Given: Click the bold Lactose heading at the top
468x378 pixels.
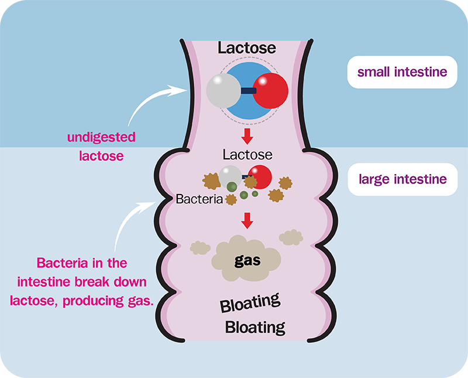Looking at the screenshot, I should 246,47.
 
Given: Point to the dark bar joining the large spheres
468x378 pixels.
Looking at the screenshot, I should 247,91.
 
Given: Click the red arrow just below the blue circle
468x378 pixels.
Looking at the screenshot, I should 247,136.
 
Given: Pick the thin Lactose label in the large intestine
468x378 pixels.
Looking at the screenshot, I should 247,155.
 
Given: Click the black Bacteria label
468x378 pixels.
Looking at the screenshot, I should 199,199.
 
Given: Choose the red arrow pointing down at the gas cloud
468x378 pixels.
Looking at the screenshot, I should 247,220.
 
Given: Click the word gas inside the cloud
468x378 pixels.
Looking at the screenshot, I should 247,260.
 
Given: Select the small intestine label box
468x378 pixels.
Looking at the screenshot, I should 402,72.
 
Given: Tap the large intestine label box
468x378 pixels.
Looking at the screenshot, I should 402,179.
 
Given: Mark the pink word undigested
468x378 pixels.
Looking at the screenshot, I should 101,138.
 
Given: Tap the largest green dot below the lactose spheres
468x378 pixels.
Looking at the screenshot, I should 232,187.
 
